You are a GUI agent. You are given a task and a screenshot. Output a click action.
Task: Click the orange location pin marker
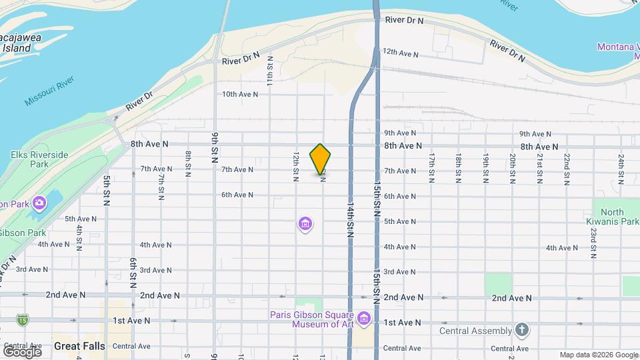[321, 159]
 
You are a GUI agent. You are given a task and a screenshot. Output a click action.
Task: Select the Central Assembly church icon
[522, 330]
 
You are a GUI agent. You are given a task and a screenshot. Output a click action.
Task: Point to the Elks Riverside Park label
[39, 159]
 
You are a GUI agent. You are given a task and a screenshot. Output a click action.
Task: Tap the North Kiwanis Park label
[612, 217]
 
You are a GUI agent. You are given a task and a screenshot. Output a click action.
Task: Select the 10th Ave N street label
[240, 95]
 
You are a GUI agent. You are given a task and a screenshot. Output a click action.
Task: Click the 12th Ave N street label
[400, 52]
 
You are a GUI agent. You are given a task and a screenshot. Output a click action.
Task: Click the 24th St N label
[621, 167]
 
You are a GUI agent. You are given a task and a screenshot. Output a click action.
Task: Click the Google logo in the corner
[21, 351]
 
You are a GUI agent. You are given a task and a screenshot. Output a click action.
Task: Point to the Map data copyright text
[598, 355]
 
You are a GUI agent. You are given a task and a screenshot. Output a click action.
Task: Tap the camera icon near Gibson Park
[39, 202]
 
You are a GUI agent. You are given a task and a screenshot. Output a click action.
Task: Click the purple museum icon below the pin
[305, 224]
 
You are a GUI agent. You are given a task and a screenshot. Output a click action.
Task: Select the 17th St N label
[432, 167]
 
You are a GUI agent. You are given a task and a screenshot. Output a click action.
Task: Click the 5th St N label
[106, 191]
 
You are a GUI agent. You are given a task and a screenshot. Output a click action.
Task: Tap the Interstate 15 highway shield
[23, 321]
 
